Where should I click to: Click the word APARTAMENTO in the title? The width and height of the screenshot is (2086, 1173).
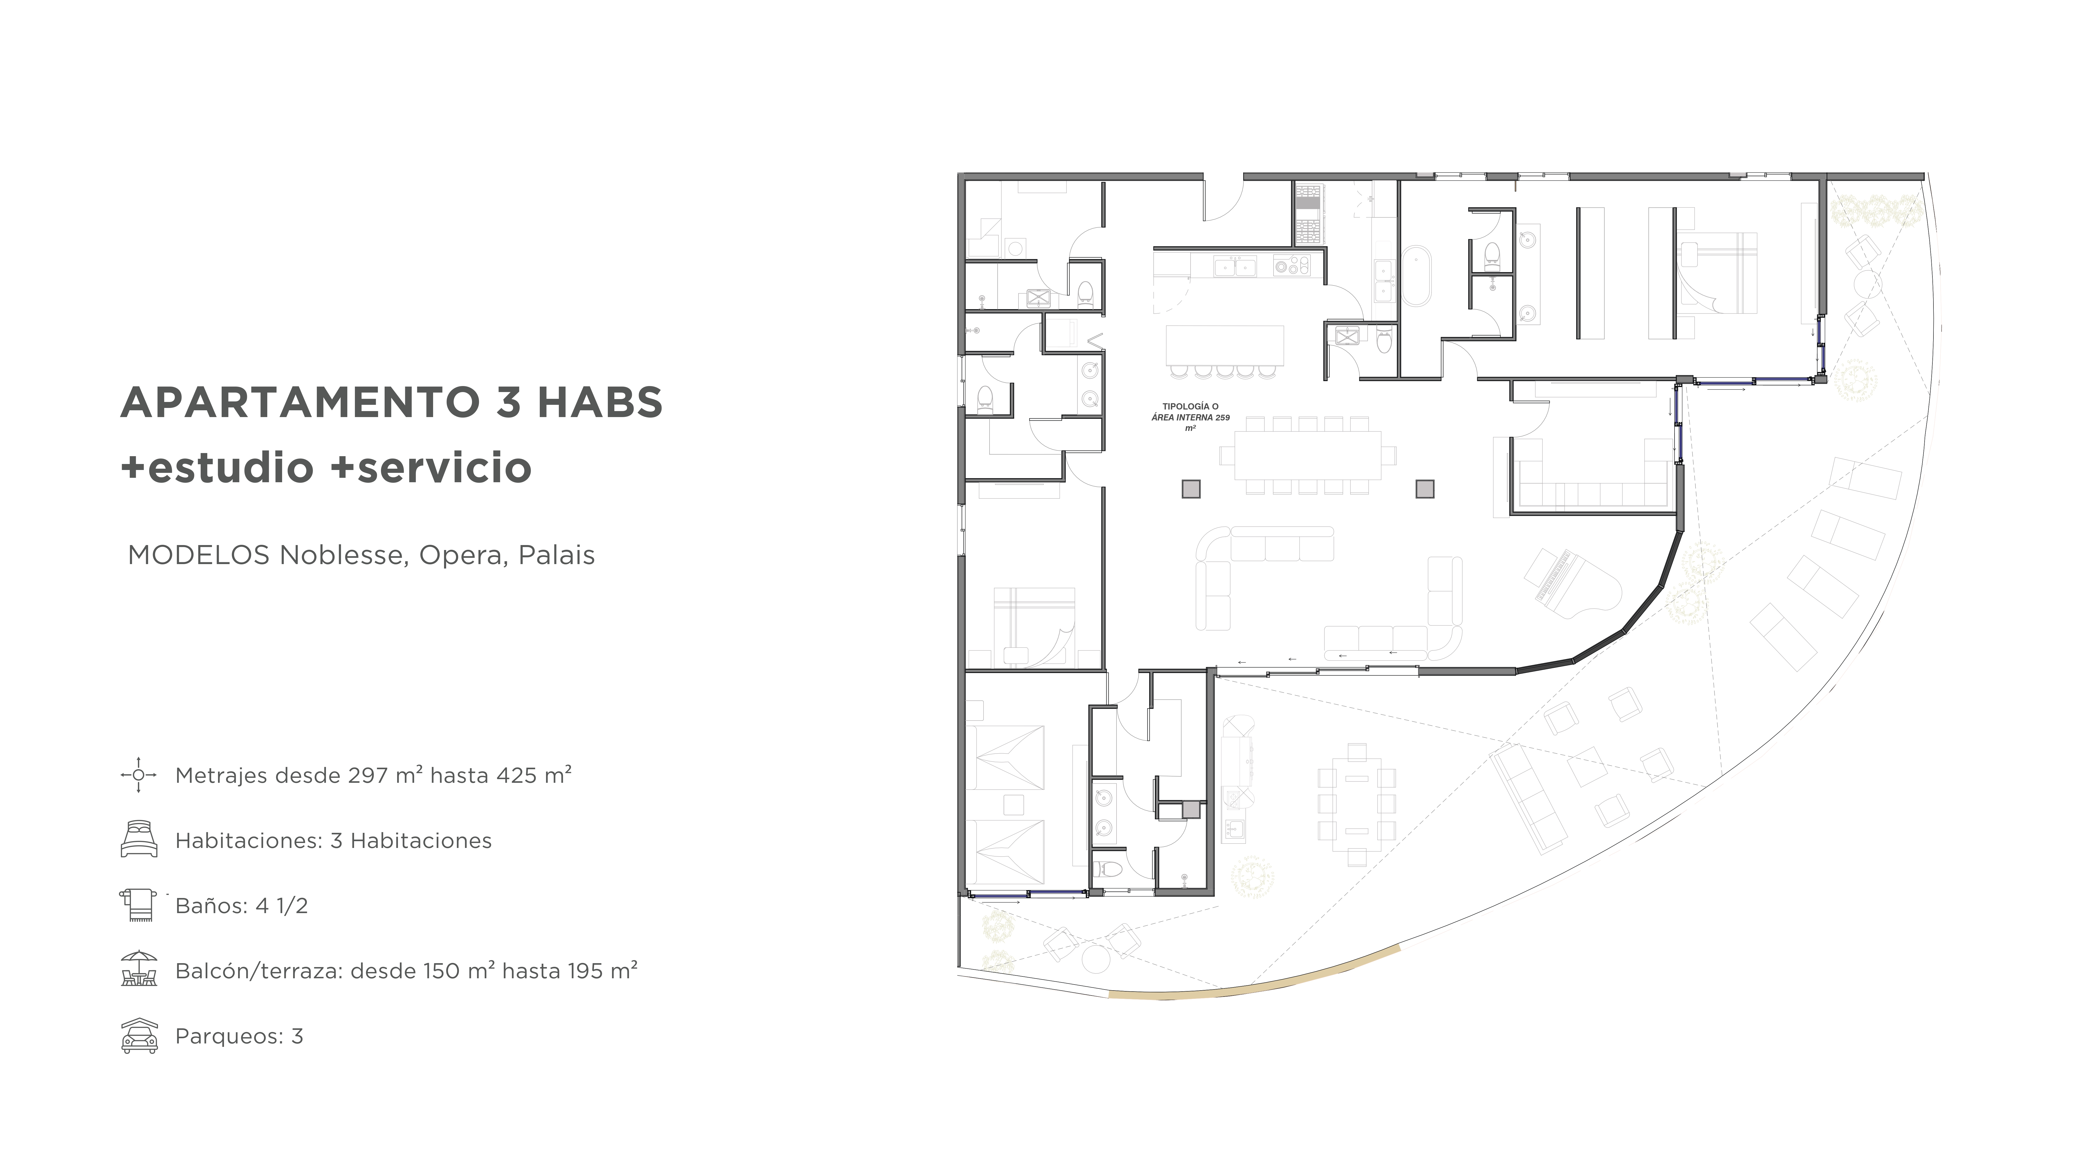(x=299, y=402)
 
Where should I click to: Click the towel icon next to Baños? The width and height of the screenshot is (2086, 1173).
(x=138, y=904)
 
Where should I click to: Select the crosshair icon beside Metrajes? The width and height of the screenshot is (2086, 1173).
(x=138, y=775)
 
